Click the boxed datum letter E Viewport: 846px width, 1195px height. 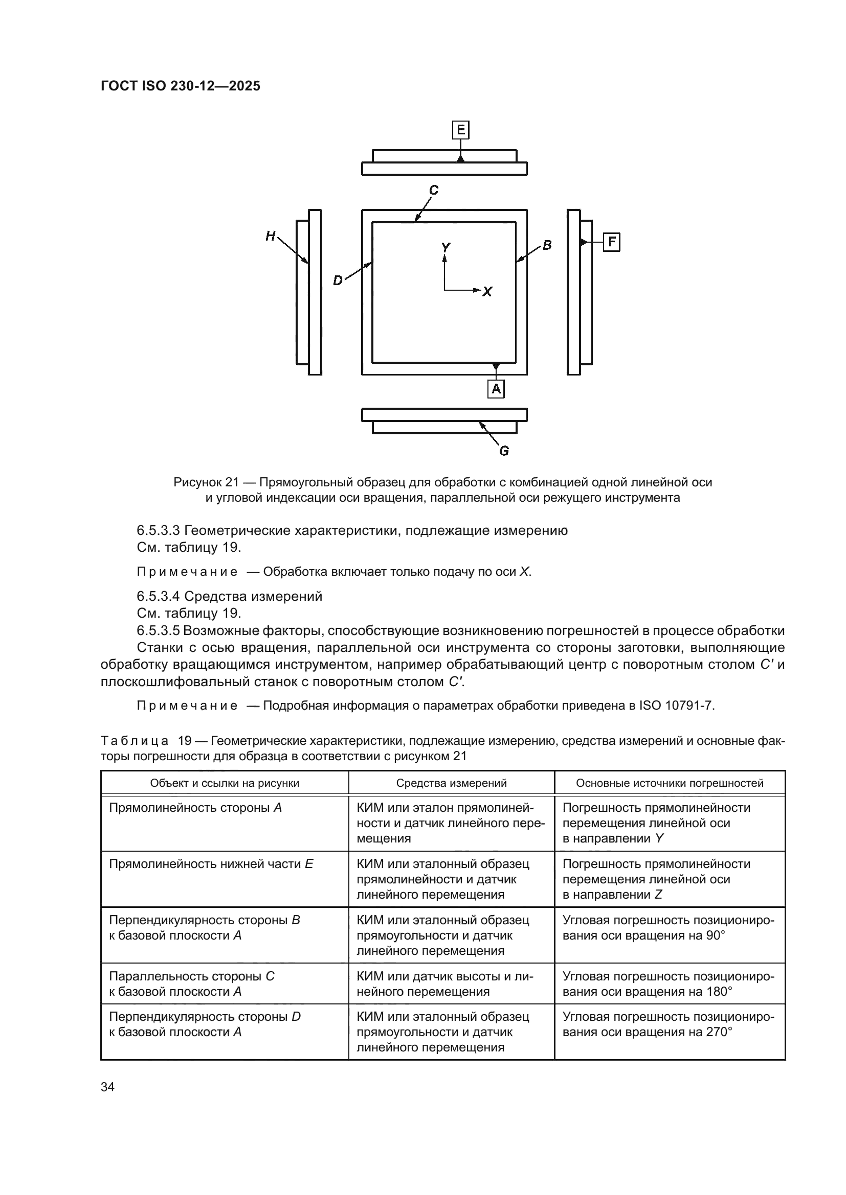click(460, 130)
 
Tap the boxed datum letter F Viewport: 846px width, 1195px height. click(612, 242)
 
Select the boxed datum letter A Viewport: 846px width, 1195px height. click(496, 388)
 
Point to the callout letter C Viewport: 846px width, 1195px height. click(433, 191)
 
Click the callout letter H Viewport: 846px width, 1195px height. click(271, 237)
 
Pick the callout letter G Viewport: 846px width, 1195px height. click(504, 451)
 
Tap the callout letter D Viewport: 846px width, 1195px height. click(338, 280)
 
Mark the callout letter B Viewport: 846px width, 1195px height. click(547, 245)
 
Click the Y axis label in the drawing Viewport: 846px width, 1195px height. click(446, 248)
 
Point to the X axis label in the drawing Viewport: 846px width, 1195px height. click(487, 291)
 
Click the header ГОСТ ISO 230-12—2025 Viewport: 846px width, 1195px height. click(180, 86)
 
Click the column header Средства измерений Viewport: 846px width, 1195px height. click(451, 783)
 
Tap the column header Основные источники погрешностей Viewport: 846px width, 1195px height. click(670, 783)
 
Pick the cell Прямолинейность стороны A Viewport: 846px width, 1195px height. click(195, 808)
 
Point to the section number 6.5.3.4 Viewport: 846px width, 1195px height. click(159, 596)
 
